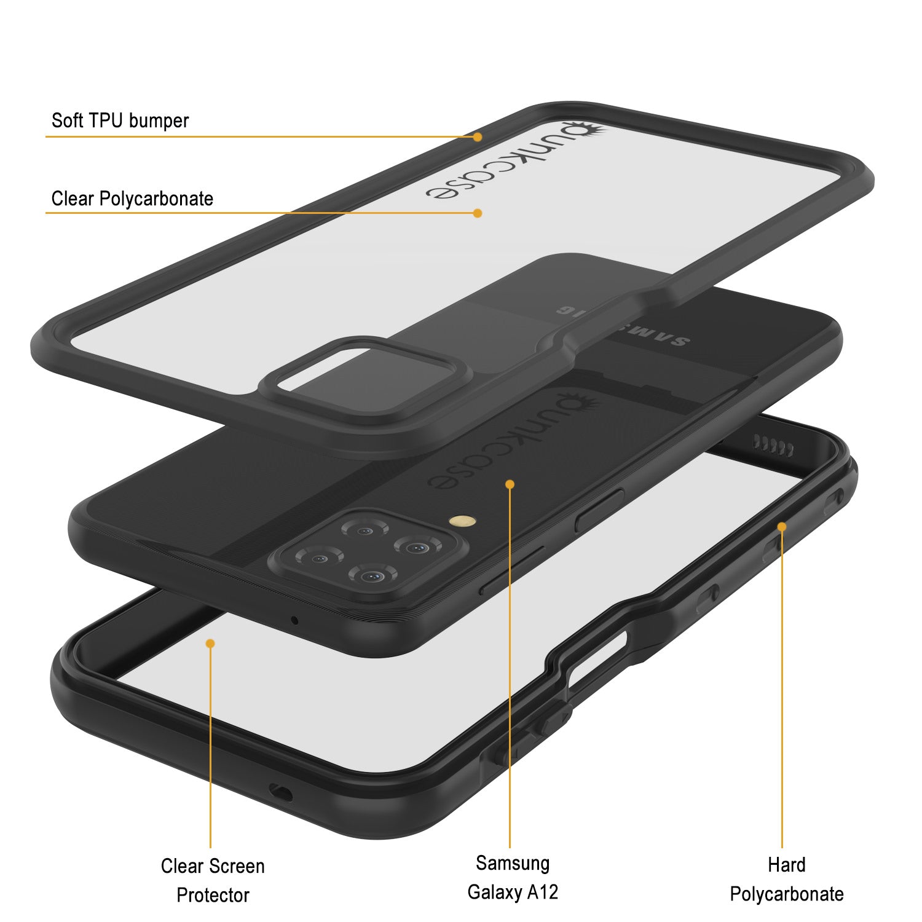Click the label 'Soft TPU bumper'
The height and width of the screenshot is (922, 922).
120,120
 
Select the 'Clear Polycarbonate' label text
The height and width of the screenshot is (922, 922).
132,199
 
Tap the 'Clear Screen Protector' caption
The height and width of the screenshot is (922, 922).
213,880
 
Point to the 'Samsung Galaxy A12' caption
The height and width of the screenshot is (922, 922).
513,877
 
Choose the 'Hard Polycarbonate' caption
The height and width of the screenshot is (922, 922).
787,879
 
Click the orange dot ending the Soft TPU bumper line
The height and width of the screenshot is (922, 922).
478,137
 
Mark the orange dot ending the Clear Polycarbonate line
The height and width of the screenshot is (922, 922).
478,213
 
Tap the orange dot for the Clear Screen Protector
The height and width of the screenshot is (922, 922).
210,643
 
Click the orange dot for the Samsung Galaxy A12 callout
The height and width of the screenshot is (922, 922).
510,484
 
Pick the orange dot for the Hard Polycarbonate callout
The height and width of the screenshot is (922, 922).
782,527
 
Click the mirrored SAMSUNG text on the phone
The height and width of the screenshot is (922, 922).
623,325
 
